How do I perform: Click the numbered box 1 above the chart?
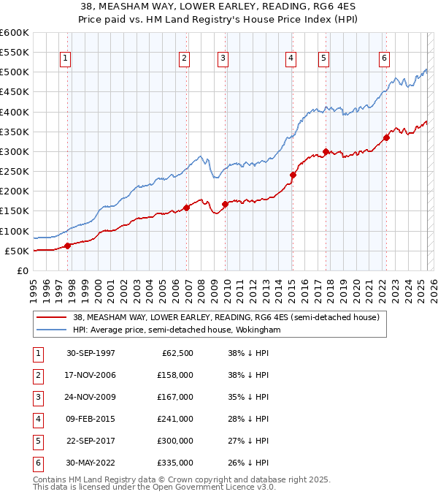click(x=66, y=58)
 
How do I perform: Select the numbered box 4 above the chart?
click(x=291, y=58)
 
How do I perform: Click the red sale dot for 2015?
click(x=293, y=175)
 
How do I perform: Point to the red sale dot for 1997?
click(x=67, y=246)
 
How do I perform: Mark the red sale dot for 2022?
click(x=386, y=137)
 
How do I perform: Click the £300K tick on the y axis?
click(x=15, y=152)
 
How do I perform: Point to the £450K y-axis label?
click(x=15, y=92)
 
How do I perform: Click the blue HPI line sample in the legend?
click(x=50, y=330)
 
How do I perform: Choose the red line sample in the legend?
click(x=50, y=318)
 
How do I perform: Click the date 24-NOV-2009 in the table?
click(x=91, y=397)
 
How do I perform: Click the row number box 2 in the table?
click(x=36, y=375)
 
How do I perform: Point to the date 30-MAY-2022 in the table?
click(x=91, y=463)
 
